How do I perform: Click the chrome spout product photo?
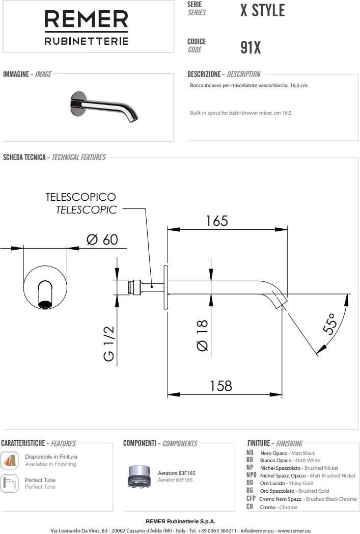click(x=103, y=106)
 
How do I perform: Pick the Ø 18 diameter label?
click(x=202, y=335)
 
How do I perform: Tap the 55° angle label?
click(x=330, y=323)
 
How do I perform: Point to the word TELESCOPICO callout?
click(x=80, y=197)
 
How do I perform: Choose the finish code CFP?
click(x=251, y=499)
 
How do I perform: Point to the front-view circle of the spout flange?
click(x=46, y=288)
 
